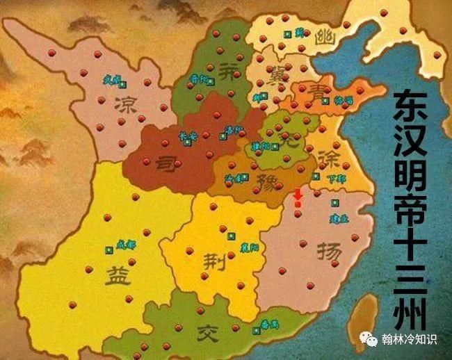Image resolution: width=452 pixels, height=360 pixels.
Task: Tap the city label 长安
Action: coord(188,136)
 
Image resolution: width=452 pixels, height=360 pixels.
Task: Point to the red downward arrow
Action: coord(298,199)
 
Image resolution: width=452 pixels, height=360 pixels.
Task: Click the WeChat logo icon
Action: coord(369,339)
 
